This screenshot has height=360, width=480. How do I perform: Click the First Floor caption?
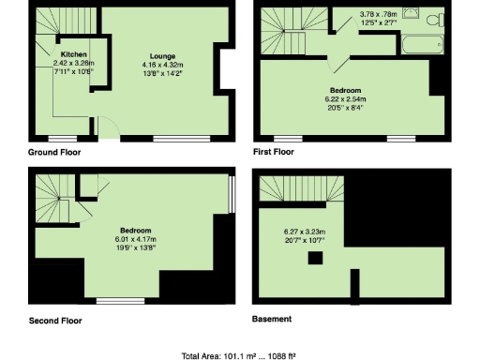coord(274,152)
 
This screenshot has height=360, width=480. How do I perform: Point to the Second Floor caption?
coord(54,320)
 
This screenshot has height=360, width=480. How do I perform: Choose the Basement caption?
coord(272,319)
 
